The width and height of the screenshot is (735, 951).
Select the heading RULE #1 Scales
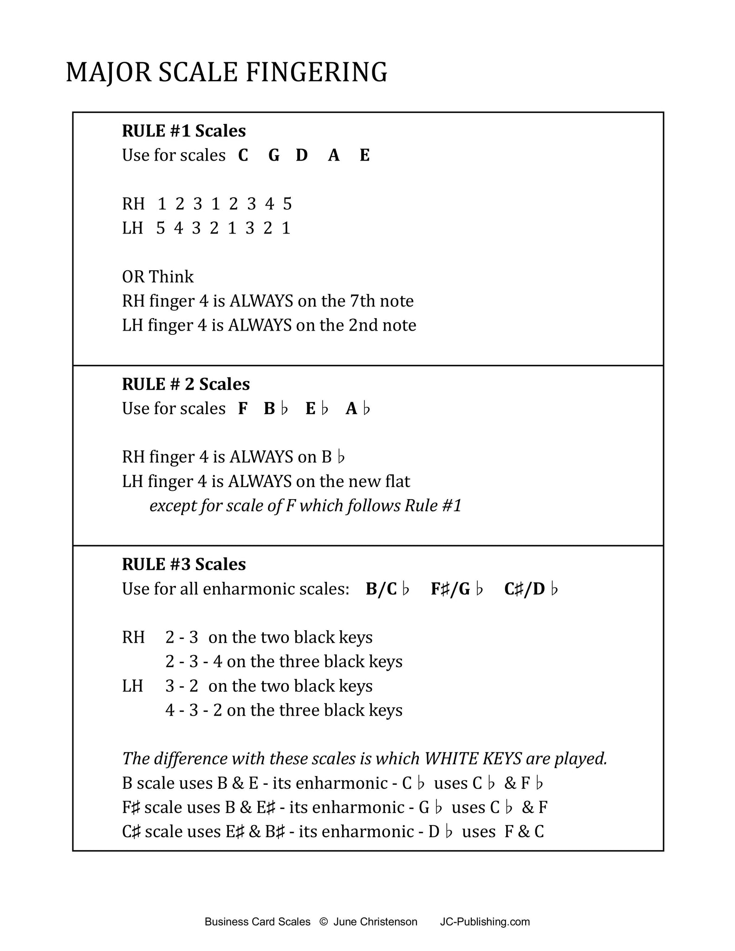(x=184, y=131)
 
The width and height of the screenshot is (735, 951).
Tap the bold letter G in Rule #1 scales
(x=274, y=155)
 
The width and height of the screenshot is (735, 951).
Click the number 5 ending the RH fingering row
(x=287, y=204)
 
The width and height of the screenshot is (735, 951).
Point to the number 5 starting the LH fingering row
(x=161, y=228)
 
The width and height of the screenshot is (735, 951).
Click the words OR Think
(x=158, y=277)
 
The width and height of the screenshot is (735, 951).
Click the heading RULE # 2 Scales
(x=186, y=384)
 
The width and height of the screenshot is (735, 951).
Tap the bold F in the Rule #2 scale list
(x=242, y=409)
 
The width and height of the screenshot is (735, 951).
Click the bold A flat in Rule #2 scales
(x=358, y=409)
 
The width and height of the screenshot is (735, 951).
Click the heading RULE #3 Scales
(x=184, y=565)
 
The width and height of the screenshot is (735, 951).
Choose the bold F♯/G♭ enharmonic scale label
(x=457, y=589)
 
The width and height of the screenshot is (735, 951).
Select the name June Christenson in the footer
(x=375, y=922)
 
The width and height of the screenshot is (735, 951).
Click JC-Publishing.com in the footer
(x=485, y=922)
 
